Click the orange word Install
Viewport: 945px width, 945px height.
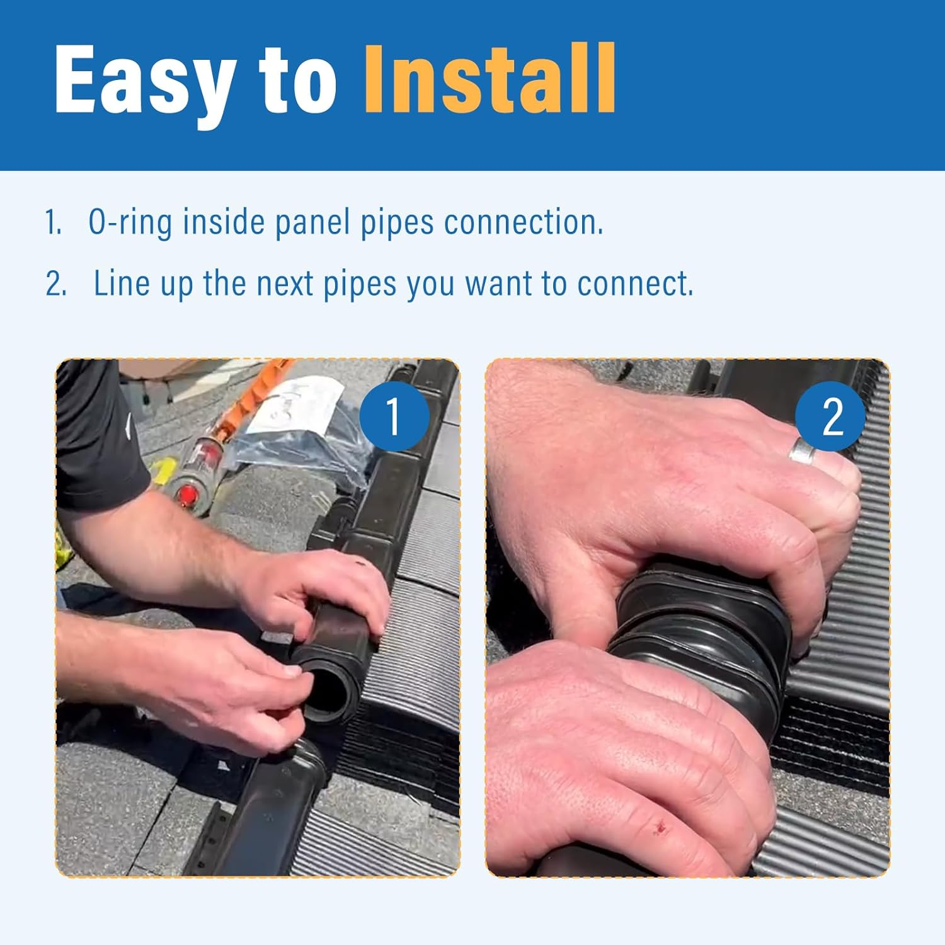point(490,79)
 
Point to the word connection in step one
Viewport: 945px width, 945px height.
point(524,222)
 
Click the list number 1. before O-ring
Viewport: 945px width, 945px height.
point(54,223)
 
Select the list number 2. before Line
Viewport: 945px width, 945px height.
point(55,284)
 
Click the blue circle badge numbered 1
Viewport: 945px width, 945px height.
point(394,416)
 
